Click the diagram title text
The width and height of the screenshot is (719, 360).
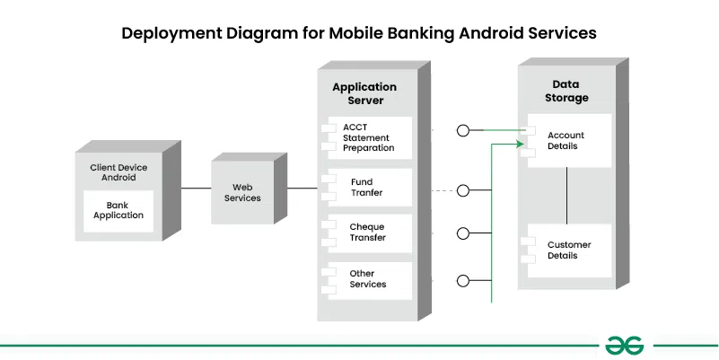click(359, 34)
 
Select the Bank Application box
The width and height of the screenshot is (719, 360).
click(118, 211)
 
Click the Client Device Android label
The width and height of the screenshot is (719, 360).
click(118, 172)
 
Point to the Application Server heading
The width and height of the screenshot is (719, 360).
click(364, 93)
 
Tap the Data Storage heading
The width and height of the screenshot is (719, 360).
click(567, 92)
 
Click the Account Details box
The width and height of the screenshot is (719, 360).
click(567, 140)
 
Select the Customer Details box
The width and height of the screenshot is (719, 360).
click(568, 250)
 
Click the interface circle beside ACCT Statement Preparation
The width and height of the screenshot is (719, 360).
click(463, 131)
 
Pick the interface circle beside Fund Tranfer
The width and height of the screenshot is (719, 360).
click(463, 190)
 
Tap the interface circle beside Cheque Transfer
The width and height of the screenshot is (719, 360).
click(463, 233)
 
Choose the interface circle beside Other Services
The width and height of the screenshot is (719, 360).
click(463, 279)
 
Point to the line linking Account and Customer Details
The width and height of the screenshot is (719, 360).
click(567, 195)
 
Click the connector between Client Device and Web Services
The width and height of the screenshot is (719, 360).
click(197, 189)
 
